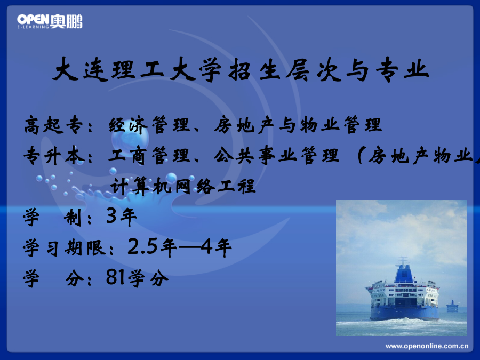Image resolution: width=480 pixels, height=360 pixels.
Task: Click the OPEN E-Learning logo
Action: click(50, 21)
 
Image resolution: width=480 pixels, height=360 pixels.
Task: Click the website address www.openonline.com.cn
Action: click(427, 346)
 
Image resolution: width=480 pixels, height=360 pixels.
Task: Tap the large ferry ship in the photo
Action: click(403, 292)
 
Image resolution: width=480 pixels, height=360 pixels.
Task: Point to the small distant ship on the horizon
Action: click(452, 307)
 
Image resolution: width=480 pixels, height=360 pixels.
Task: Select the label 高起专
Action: click(53, 125)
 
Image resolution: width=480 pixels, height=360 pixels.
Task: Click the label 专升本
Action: click(54, 156)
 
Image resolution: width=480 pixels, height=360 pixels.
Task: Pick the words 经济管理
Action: click(149, 125)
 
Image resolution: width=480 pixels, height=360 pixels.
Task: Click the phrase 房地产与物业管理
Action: click(298, 125)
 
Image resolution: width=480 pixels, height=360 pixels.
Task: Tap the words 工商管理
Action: click(149, 156)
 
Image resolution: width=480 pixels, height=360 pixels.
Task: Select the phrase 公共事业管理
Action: click(277, 156)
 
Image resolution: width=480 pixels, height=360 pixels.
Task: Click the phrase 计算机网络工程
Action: click(183, 186)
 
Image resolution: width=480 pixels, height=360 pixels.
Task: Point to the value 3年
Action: click(122, 217)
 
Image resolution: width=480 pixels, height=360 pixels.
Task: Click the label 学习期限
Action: click(65, 247)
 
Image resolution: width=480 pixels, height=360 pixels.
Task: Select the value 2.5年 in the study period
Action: click(153, 247)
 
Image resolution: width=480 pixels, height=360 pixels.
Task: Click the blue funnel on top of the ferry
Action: click(404, 273)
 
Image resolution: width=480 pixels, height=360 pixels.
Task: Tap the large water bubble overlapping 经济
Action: click(130, 136)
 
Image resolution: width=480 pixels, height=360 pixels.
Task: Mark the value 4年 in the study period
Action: click(216, 247)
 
